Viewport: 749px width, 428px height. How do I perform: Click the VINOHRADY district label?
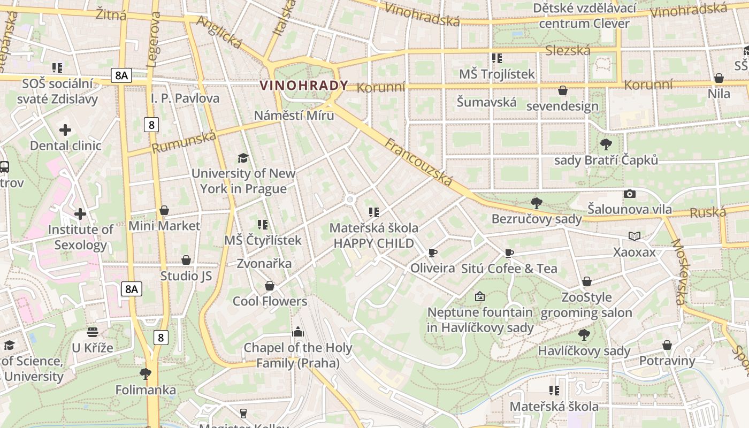pos(303,85)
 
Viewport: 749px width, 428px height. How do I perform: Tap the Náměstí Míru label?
pos(294,116)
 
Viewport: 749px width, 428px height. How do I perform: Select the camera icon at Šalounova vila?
pos(630,194)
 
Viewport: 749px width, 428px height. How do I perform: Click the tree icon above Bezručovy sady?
pos(536,203)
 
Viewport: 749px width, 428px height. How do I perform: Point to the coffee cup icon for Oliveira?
pos(432,253)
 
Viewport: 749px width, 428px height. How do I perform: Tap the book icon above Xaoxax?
pos(634,236)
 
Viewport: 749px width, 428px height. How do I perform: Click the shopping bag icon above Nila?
pos(719,78)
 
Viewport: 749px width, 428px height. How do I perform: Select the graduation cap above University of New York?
pos(243,158)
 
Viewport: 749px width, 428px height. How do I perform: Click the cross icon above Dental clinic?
pos(65,130)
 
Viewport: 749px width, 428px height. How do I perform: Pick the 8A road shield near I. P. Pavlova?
pos(121,75)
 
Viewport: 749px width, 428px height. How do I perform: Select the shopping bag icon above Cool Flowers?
pos(270,286)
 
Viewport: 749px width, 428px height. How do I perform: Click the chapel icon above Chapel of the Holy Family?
pos(298,332)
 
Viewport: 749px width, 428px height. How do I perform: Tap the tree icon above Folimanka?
pos(145,373)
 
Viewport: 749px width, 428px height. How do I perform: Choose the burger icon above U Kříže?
pos(93,332)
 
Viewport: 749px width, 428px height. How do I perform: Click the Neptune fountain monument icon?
pos(480,296)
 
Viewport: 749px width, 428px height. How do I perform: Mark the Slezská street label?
pos(568,50)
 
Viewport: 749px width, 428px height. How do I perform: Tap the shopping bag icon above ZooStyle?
pos(587,281)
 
